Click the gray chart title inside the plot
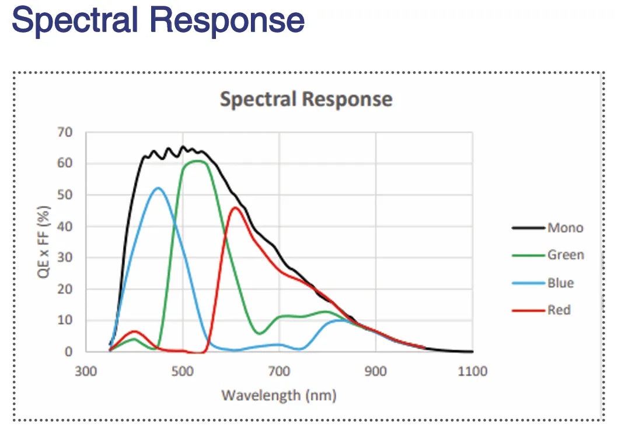(x=306, y=99)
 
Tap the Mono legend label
(x=565, y=228)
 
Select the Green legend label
(x=565, y=255)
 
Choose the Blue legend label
(x=560, y=283)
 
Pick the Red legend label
(x=558, y=310)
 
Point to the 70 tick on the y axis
(x=65, y=132)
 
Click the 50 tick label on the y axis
(x=65, y=195)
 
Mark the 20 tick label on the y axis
(x=65, y=289)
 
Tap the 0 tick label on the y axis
(x=69, y=351)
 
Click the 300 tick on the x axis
(x=86, y=371)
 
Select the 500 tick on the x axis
(x=183, y=371)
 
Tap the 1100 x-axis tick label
(x=472, y=371)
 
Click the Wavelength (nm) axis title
(x=279, y=396)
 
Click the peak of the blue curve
(x=158, y=188)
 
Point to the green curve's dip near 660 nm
(x=260, y=333)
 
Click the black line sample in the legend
(x=528, y=228)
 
